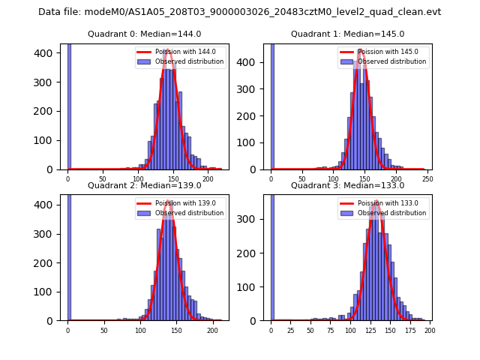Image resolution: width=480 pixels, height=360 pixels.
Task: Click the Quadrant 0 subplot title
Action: point(145,34)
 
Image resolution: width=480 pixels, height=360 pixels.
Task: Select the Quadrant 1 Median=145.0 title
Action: point(347,34)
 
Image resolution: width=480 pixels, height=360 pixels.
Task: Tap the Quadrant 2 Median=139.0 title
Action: point(145,185)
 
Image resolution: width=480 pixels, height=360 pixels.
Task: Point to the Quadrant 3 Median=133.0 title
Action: point(347,185)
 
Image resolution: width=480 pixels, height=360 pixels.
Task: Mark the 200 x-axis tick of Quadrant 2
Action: point(212,330)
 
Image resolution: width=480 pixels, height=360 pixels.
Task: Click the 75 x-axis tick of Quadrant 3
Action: point(331,330)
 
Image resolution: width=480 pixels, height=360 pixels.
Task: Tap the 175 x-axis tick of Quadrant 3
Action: point(409,330)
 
